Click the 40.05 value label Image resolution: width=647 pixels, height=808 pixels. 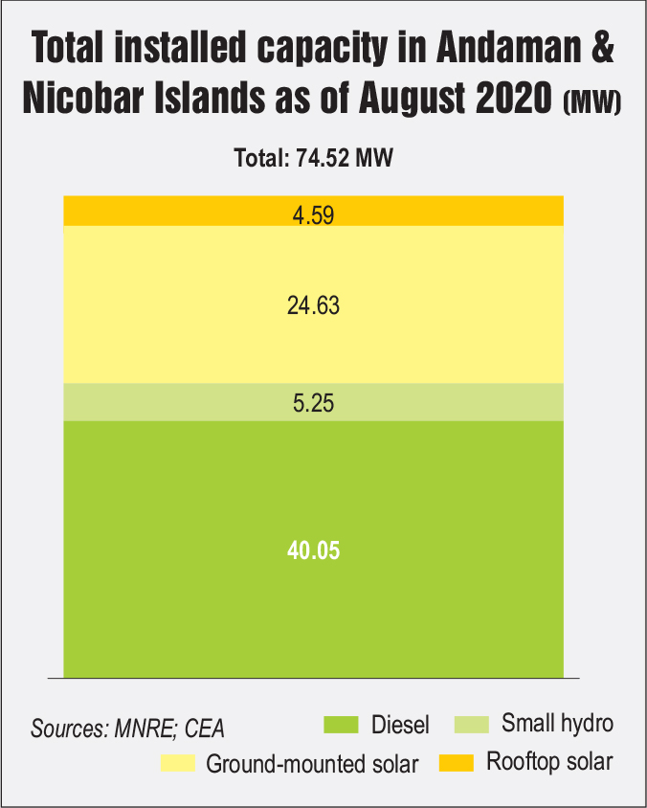click(x=313, y=550)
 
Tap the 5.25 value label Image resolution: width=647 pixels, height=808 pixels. click(x=313, y=403)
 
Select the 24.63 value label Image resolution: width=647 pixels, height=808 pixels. click(x=313, y=306)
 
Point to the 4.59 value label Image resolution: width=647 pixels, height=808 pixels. click(x=313, y=213)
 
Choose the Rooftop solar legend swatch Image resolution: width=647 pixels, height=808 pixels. click(x=457, y=763)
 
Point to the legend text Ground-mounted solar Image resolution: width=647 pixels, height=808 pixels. click(x=313, y=764)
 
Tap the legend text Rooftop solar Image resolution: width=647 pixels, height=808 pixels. click(x=549, y=763)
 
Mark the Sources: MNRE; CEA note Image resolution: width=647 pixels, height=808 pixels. click(x=127, y=727)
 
